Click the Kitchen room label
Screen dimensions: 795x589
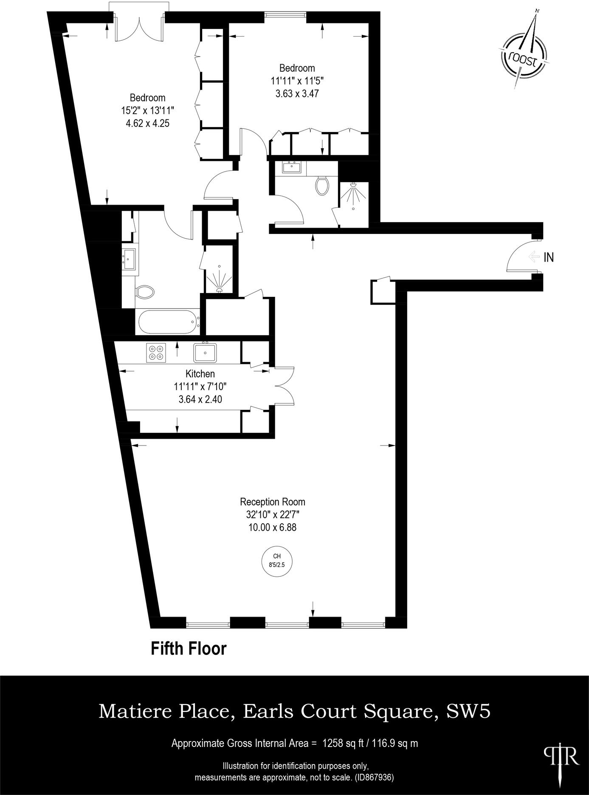coord(200,374)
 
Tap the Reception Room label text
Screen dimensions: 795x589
coord(272,502)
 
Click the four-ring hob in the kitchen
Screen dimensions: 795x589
coord(156,352)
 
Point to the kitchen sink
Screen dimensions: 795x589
coord(206,352)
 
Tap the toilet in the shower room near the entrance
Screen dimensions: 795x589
coord(323,185)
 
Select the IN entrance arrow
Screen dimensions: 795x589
coord(533,257)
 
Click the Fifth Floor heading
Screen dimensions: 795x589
coord(189,649)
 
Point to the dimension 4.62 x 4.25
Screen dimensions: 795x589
coord(147,124)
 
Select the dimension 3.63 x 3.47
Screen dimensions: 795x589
coord(297,93)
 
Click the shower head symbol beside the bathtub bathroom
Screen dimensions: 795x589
coord(219,279)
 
